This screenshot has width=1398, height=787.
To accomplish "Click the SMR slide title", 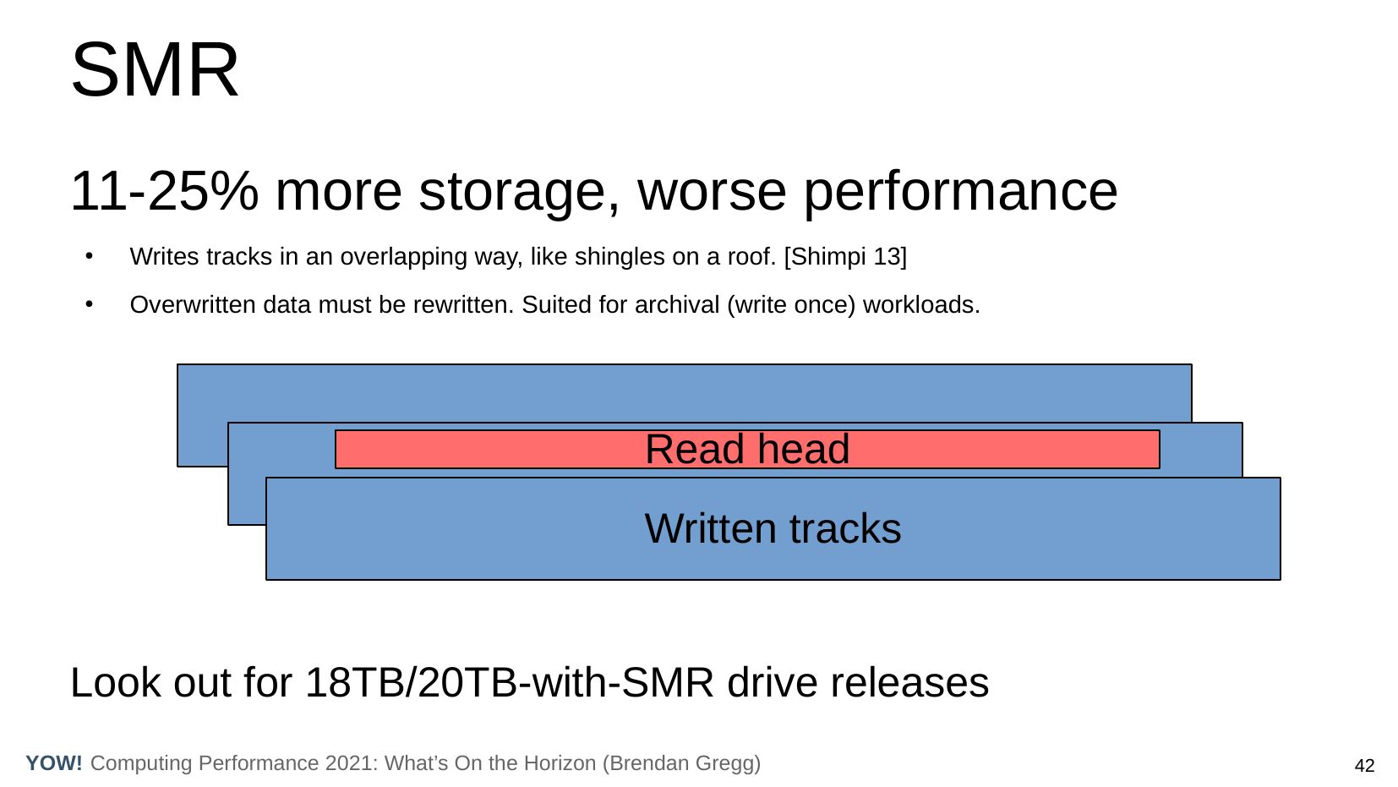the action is tap(155, 69).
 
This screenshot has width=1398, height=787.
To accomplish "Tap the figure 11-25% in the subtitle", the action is tap(164, 191).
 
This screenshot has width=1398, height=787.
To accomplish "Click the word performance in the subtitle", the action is tap(960, 194).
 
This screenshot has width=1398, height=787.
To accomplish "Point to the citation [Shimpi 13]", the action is tap(845, 256).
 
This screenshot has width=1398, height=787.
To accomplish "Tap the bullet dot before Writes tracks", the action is tap(90, 256).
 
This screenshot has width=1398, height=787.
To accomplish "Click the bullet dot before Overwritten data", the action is tap(90, 304).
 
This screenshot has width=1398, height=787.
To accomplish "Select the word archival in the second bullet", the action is tap(677, 304).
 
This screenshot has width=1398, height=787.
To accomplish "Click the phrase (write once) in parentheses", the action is tap(791, 305).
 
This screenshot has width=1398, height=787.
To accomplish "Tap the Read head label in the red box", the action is tap(747, 449).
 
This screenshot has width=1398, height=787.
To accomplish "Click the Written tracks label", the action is tap(773, 528).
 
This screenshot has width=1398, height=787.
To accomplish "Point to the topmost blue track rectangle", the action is tap(684, 393).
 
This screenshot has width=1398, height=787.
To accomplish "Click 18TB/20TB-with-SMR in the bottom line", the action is tap(509, 682).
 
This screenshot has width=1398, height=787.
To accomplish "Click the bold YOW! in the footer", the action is tap(54, 762).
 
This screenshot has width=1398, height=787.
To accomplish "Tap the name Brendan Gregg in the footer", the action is tap(681, 763).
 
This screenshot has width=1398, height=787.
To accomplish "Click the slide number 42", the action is tap(1364, 765).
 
